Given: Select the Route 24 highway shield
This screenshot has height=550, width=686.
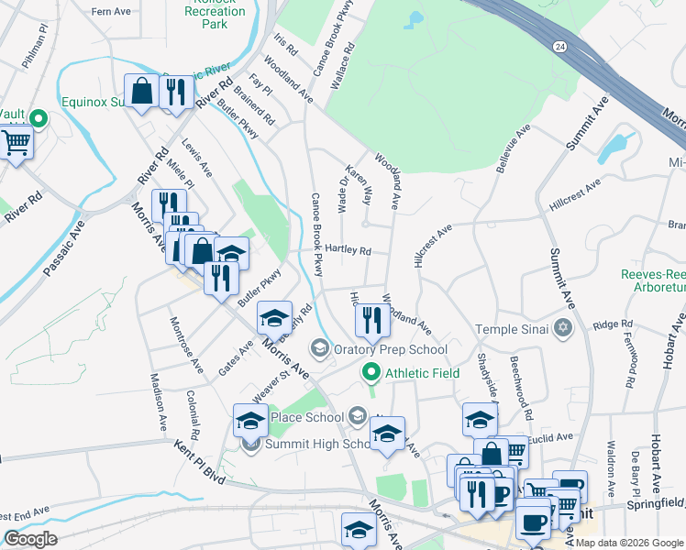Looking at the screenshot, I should click(559, 45).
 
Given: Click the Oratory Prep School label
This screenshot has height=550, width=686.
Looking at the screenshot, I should click(391, 348).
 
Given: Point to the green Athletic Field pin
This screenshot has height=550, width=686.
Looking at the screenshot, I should click(371, 372).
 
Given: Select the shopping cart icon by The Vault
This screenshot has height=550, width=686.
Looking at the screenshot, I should click(16, 142).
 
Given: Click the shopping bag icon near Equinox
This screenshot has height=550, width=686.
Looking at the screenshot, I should click(142, 91).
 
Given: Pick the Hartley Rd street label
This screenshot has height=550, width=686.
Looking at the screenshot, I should click(348, 250).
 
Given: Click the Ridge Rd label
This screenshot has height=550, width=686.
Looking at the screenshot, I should click(607, 324).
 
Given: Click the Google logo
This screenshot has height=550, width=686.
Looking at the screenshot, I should click(30, 538).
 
